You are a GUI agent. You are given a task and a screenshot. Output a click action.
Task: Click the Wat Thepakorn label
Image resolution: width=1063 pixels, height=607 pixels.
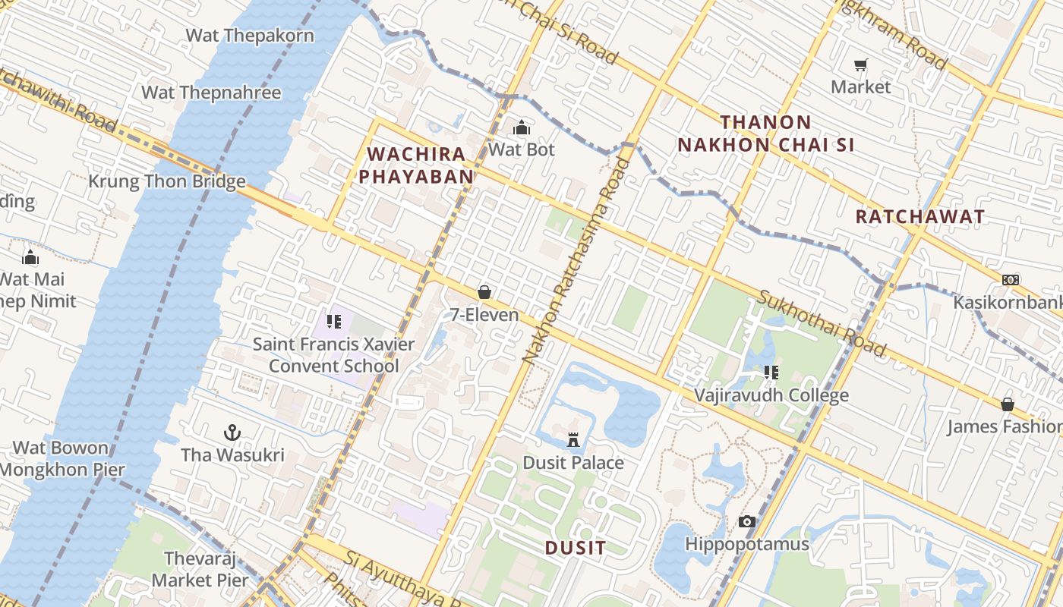click(x=250, y=36)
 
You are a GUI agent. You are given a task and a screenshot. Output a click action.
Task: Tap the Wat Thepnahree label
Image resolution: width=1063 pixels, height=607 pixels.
click(x=211, y=93)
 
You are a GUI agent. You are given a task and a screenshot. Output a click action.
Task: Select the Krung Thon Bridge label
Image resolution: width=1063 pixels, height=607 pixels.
click(x=167, y=181)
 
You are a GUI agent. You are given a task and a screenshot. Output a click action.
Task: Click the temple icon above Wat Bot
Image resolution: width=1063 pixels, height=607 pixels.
click(x=522, y=127)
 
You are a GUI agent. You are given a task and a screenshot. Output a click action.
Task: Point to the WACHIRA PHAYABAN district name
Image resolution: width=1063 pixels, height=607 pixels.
click(x=416, y=165)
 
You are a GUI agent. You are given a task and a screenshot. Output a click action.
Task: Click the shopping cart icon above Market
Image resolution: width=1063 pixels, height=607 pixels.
click(x=860, y=65)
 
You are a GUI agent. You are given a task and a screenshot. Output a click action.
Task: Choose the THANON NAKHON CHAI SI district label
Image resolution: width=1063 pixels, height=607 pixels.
click(x=766, y=134)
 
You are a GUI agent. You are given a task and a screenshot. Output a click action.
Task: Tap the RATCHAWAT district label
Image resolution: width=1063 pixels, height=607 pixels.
click(x=919, y=217)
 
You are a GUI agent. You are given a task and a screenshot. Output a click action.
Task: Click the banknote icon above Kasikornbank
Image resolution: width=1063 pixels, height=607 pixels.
click(x=1010, y=280)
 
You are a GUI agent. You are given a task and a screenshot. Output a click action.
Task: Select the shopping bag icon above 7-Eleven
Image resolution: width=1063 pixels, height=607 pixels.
click(x=484, y=292)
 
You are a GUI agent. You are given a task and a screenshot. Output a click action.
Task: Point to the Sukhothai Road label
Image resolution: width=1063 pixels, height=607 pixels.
click(x=822, y=323)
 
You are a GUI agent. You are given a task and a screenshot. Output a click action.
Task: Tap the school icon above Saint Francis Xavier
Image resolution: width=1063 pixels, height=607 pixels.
click(x=334, y=322)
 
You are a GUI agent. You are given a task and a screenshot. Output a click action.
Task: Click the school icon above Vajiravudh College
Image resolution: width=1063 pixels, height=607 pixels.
click(x=771, y=373)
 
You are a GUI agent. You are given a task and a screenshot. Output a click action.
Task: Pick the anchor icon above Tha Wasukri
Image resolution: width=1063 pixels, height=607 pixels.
click(x=232, y=432)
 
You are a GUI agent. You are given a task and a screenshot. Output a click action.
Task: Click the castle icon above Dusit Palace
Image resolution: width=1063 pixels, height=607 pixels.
click(x=573, y=440)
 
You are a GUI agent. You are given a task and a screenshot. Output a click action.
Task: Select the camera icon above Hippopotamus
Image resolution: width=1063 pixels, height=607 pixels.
click(x=747, y=522)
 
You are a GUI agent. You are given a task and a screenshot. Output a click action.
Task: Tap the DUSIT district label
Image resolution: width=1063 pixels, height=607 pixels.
click(x=576, y=548)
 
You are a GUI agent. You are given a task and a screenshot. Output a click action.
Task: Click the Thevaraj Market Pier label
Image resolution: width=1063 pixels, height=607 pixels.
click(x=200, y=570)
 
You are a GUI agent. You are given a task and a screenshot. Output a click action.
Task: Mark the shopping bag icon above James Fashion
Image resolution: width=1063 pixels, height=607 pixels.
click(x=1007, y=404)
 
